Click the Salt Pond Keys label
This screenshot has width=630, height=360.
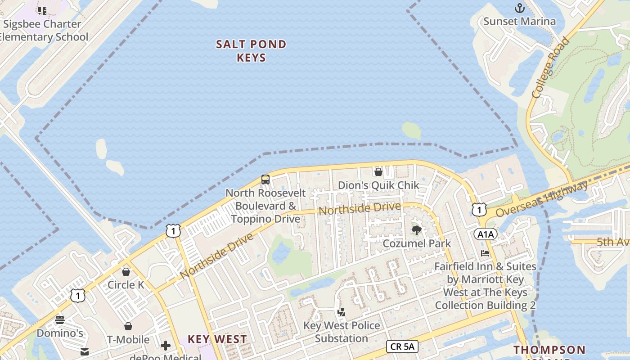point(251,51)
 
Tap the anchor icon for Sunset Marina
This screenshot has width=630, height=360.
point(520,8)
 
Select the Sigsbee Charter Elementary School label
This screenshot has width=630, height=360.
point(42,30)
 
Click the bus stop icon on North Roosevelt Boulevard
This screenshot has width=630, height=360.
point(265,180)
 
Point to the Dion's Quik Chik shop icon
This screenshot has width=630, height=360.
point(378,171)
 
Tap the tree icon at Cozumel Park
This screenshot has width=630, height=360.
point(417,230)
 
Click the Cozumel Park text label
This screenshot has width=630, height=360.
point(417,243)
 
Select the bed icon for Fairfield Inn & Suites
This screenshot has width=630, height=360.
point(485,253)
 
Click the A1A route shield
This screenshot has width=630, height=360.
point(485,234)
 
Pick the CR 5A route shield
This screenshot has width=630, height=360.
point(402,346)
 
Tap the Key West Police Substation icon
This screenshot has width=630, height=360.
point(342,312)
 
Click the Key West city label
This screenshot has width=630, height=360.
point(217,339)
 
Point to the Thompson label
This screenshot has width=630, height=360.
point(549,350)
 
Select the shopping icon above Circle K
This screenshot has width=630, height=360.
point(126,272)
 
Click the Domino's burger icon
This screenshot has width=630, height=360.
point(60,320)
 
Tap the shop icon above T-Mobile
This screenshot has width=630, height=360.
point(128,326)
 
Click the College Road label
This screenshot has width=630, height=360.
point(550,67)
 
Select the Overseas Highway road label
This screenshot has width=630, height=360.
point(542,199)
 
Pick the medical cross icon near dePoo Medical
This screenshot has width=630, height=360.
point(166,346)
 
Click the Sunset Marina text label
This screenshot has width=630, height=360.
point(519,21)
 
